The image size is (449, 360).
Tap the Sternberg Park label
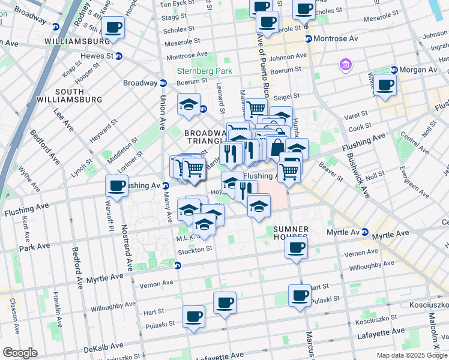(x=200, y=71)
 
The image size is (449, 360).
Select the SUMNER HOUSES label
(x=291, y=233)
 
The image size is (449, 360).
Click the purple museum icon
(x=346, y=64)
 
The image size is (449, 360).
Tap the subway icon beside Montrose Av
(x=309, y=38)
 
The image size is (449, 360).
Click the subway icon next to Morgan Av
(x=394, y=70)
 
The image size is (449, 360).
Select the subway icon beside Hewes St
(x=119, y=56)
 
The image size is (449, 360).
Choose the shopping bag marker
(x=277, y=147)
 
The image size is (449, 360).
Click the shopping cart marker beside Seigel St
(x=256, y=109)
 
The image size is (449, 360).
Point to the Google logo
(x=20, y=353)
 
